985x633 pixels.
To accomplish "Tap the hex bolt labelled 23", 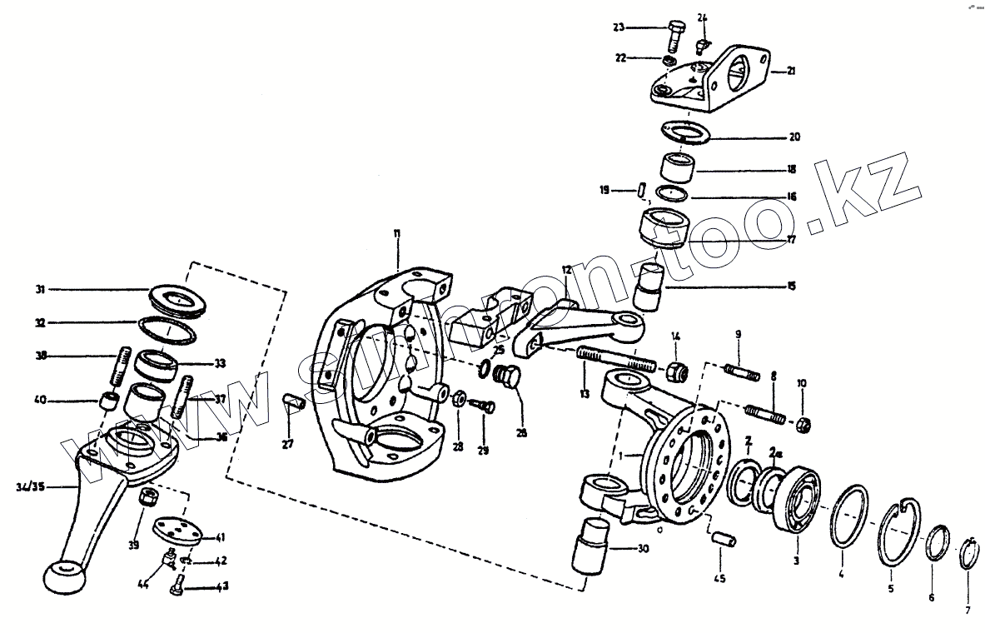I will click(x=674, y=36).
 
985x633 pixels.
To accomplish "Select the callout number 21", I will click(x=791, y=72).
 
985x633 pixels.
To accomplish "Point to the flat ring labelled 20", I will click(x=682, y=132).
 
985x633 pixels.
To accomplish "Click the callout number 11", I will click(x=397, y=235).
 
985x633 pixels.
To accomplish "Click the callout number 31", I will click(x=39, y=290).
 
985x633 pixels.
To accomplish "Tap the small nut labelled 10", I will click(x=803, y=425).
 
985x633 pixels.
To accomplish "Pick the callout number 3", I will click(x=796, y=561).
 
